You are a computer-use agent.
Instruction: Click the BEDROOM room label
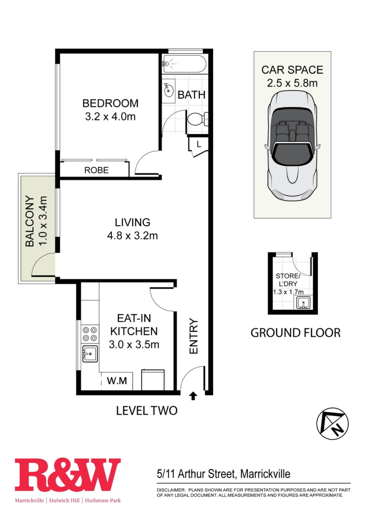110,103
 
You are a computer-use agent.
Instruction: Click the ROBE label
96,170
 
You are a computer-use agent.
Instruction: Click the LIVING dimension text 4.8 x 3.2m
133,235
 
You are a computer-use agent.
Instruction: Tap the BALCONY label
30,221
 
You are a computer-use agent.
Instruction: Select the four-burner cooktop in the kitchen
90,334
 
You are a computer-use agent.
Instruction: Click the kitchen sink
90,354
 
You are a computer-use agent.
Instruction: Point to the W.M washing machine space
117,381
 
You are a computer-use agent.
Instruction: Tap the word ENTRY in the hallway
193,336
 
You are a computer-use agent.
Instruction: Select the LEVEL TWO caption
147,411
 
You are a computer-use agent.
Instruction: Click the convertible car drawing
293,145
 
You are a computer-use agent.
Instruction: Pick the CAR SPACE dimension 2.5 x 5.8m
292,83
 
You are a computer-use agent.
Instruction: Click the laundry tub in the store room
302,302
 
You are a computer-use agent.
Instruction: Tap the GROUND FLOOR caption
296,333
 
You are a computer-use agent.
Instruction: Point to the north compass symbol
332,424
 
